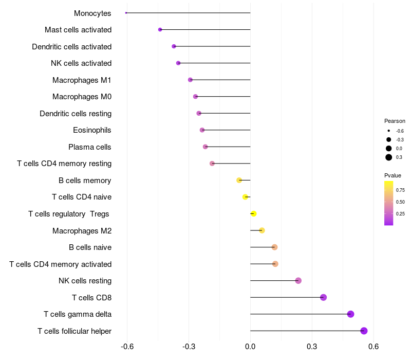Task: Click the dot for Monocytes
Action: click(126, 13)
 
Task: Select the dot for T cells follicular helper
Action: click(364, 331)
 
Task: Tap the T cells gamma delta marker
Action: click(351, 314)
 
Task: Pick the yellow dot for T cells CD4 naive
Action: click(246, 197)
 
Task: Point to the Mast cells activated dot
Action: click(160, 30)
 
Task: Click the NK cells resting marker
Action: click(298, 281)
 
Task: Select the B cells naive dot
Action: click(274, 247)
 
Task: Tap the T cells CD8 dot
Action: click(323, 297)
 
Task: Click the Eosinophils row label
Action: click(92, 130)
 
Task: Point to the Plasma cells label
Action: click(90, 147)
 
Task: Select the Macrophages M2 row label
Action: click(82, 231)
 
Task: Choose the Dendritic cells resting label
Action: click(76, 113)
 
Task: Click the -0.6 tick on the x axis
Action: click(127, 347)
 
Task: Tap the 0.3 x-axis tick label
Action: click(312, 347)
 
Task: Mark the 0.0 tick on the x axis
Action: click(250, 347)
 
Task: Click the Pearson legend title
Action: click(395, 121)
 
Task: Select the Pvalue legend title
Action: click(393, 175)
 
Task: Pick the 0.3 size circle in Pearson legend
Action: click(389, 157)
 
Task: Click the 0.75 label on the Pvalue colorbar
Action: click(400, 190)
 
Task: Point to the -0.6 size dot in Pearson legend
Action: click(389, 131)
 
